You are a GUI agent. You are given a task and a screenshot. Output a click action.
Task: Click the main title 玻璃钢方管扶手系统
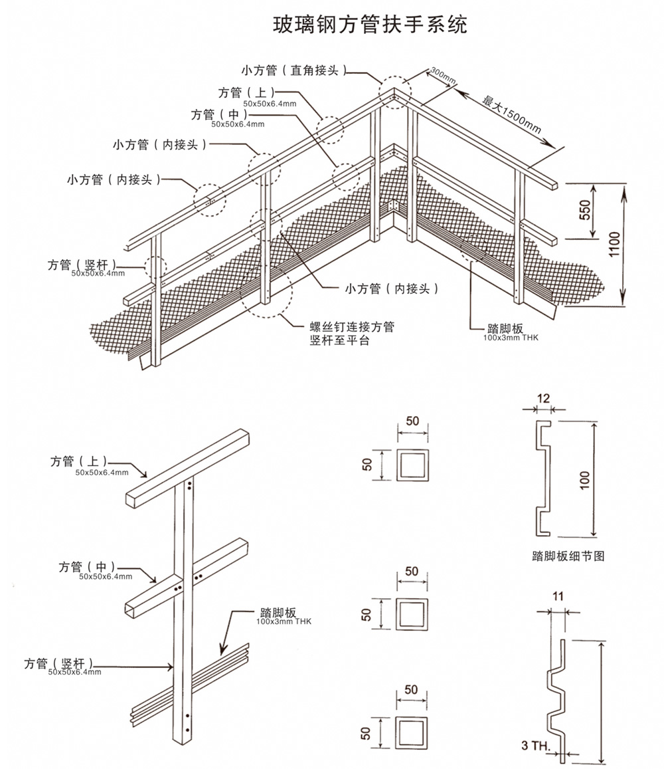point(371,25)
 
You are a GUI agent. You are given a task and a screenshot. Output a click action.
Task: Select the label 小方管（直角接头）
point(293,70)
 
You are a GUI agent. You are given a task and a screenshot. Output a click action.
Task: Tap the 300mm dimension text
point(442,75)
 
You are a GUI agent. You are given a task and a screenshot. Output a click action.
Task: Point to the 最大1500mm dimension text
point(512,113)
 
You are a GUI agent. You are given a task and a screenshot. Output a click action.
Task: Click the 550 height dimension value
point(585,210)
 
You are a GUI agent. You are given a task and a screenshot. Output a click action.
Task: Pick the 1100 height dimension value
point(614,247)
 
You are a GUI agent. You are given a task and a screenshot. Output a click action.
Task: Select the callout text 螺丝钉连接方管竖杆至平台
point(352,334)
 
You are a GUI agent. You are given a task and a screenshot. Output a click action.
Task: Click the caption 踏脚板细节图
point(568,556)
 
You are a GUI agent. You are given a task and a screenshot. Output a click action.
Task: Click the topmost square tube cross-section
point(412,464)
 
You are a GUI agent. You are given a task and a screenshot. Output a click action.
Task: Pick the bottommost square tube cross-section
point(412,732)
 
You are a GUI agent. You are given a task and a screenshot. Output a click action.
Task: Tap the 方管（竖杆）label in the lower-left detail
point(58,663)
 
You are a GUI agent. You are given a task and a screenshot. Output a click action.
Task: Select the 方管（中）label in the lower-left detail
point(86,566)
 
